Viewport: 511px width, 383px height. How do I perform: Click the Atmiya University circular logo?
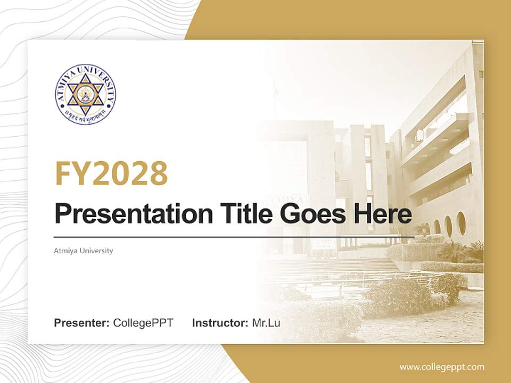pyautogui.click(x=85, y=94)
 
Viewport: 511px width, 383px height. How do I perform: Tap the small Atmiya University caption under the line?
pyautogui.click(x=84, y=251)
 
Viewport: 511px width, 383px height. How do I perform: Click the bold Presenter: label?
pyautogui.click(x=82, y=323)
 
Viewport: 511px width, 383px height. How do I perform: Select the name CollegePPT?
pyautogui.click(x=143, y=323)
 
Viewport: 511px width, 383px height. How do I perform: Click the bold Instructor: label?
pyautogui.click(x=220, y=323)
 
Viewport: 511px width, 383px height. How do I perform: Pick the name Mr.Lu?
pyautogui.click(x=266, y=323)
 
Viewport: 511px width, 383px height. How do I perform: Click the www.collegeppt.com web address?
pyautogui.click(x=442, y=367)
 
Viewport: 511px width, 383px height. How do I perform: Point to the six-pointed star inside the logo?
pyautogui.click(x=85, y=93)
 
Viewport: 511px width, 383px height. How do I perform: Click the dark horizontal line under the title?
pyautogui.click(x=234, y=237)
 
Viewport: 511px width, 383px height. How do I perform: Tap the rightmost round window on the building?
pyautogui.click(x=461, y=223)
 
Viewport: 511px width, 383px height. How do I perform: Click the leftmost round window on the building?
pyautogui.click(x=426, y=229)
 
